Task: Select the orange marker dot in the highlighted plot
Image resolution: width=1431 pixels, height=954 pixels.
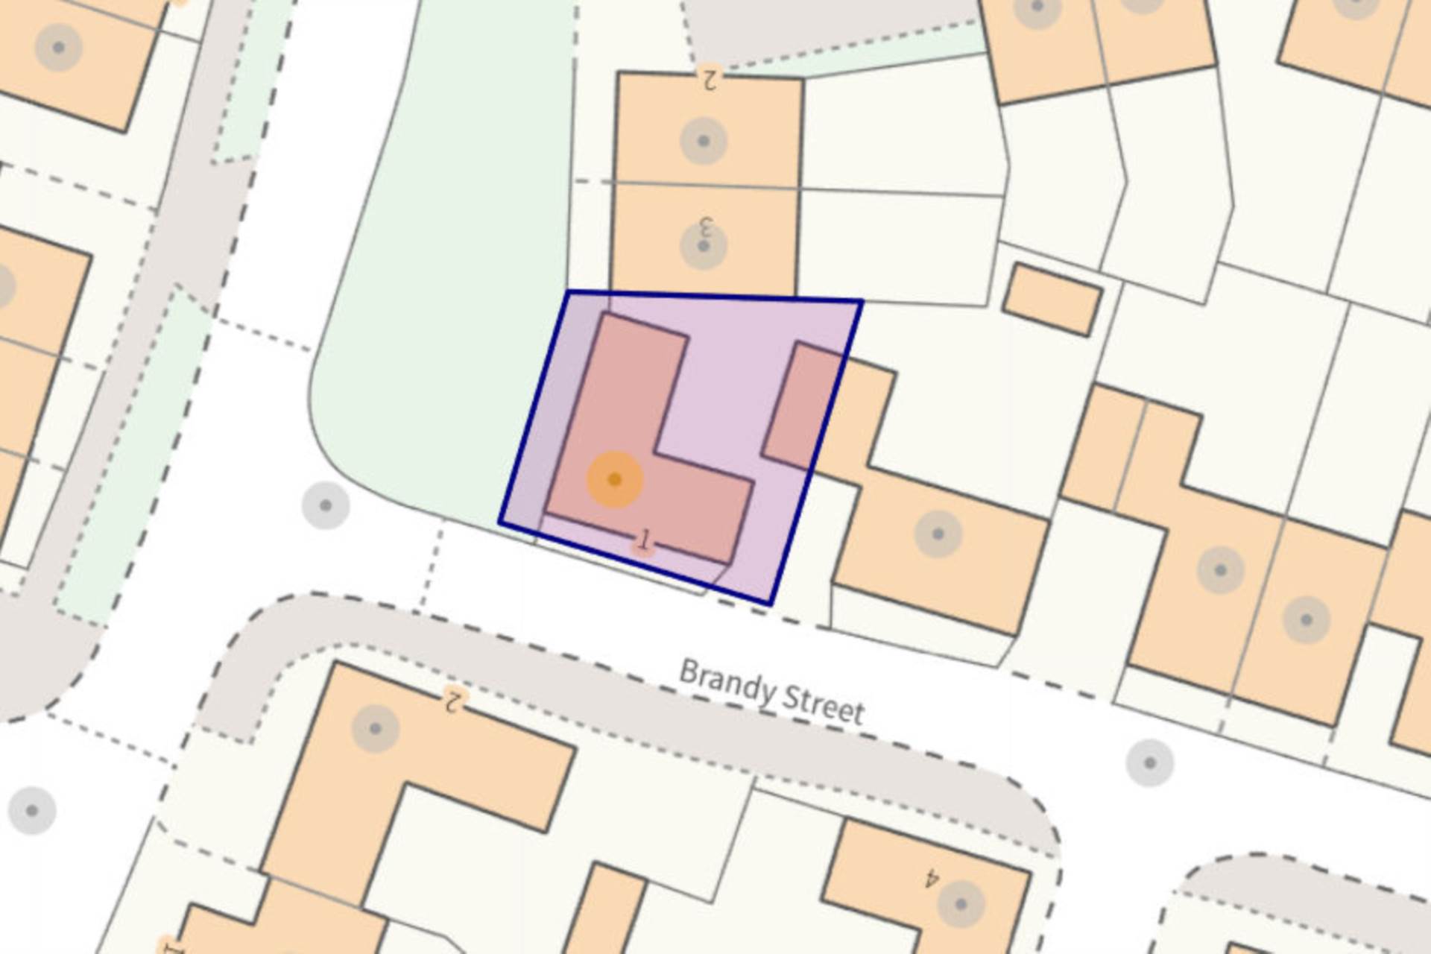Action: coord(615,479)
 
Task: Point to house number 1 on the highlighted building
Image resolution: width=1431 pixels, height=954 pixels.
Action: coord(645,539)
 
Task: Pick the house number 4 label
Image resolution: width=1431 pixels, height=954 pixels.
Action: coord(931,879)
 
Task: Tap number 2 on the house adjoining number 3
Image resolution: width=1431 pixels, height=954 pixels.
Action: coord(709,77)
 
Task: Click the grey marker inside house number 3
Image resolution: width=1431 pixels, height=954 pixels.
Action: coord(704,246)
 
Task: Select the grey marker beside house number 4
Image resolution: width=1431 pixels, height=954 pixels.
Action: coord(960,905)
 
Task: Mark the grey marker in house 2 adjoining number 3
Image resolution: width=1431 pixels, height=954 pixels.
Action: coord(704,140)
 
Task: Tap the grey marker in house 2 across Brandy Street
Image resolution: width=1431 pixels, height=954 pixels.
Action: coord(375,728)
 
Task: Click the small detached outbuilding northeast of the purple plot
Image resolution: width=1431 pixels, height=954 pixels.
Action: coord(1052,300)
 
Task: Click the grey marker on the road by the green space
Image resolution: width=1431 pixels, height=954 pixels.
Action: coord(326,505)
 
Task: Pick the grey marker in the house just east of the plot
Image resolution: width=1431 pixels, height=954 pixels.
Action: coord(938,534)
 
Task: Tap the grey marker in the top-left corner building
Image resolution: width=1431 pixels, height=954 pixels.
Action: coord(59,48)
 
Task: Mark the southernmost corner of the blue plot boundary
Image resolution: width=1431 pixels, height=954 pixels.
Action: coord(771,603)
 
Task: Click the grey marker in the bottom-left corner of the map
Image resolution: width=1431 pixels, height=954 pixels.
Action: coord(32,810)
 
